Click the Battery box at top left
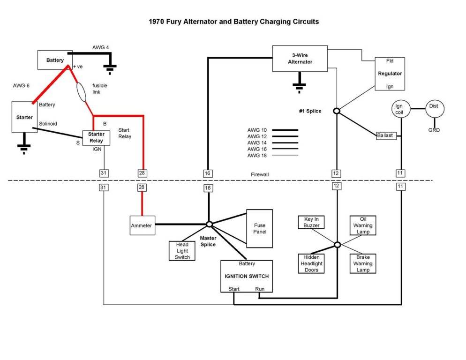(x=55, y=60)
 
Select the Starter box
(x=24, y=117)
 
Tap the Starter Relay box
(x=96, y=137)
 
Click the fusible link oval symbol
(x=81, y=92)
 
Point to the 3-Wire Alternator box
(x=300, y=59)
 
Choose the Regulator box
(x=390, y=74)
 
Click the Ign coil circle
(x=399, y=109)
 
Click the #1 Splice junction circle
(x=336, y=111)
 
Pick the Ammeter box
(x=142, y=225)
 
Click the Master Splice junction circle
(x=210, y=224)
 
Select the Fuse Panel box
(x=259, y=228)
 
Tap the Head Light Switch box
(x=182, y=251)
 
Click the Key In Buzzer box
(x=311, y=222)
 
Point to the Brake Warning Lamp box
(x=362, y=263)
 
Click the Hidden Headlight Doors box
(x=311, y=263)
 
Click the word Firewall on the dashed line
(x=260, y=174)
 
